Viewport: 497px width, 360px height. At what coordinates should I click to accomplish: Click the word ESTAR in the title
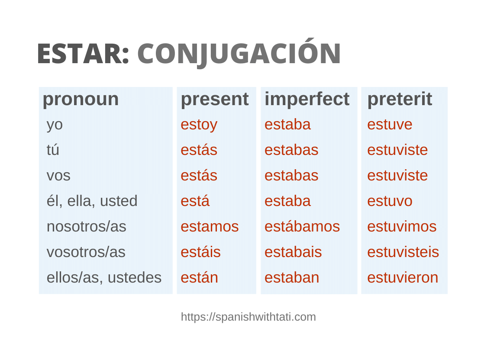pos(83,54)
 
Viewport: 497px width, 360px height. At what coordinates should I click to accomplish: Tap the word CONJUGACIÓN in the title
pos(239,54)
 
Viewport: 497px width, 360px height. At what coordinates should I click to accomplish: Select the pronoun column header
pos(81,99)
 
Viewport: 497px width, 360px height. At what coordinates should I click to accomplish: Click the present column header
pos(214,99)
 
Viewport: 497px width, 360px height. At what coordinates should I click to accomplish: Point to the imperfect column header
pos(307,99)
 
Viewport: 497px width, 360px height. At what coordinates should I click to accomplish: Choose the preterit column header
pos(399,99)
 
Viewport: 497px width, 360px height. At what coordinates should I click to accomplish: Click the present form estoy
pos(199,125)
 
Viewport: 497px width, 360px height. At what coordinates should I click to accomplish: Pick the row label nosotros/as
pos(86,226)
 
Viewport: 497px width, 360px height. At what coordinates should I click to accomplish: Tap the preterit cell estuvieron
pos(402,277)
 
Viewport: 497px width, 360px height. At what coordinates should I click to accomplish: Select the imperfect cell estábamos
pos(302,226)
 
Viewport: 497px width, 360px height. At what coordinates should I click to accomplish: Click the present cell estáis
pos(200,252)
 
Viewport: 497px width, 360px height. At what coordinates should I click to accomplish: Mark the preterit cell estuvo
pos(390,201)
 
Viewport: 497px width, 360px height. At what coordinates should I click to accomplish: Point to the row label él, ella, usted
pos(92,201)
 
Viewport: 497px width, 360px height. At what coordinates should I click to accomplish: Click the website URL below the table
pos(248,317)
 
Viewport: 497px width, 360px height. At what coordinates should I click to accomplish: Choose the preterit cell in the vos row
pos(397,176)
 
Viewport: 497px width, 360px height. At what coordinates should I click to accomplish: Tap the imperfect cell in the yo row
pos(287,125)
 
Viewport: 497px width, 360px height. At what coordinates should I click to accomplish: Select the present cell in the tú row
pos(199,150)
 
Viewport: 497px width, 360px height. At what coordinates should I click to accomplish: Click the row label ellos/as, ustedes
pos(104,277)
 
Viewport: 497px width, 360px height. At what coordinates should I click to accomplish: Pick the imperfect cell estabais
pos(293,252)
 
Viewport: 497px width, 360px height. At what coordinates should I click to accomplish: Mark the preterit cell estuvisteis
pos(403,252)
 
